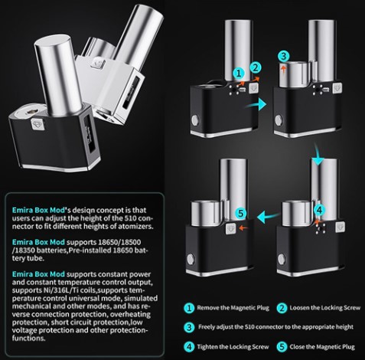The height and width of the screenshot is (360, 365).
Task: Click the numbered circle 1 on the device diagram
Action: click(x=239, y=74)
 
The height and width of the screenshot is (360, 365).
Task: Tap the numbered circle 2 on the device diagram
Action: click(x=256, y=68)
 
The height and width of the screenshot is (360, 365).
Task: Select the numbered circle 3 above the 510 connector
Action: click(x=284, y=57)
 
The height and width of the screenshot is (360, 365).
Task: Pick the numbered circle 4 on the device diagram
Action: click(x=319, y=211)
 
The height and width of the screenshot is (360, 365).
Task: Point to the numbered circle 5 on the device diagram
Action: click(x=241, y=213)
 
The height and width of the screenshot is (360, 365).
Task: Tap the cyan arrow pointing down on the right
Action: click(x=318, y=154)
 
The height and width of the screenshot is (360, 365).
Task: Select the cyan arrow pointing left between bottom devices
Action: click(x=268, y=217)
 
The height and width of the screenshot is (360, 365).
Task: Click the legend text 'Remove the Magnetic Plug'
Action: click(x=233, y=308)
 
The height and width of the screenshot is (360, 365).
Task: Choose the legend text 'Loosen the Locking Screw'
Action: click(x=324, y=308)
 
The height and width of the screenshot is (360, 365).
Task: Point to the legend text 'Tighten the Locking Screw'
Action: click(x=233, y=347)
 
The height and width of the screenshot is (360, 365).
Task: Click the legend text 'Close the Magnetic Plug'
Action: click(x=322, y=347)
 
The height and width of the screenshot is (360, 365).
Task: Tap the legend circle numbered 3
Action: click(x=189, y=327)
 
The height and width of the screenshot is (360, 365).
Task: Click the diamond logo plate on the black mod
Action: click(x=37, y=124)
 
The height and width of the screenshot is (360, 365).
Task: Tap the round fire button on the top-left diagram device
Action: click(x=196, y=119)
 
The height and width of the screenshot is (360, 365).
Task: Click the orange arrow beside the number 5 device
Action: click(x=244, y=227)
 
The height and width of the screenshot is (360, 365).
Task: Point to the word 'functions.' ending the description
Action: click(x=28, y=339)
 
